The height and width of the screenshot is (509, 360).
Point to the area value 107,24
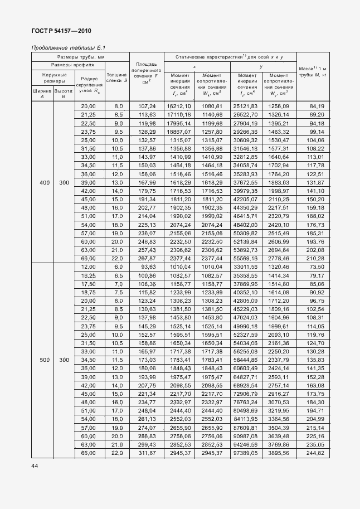click(147, 106)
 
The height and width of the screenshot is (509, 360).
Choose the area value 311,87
click(147, 453)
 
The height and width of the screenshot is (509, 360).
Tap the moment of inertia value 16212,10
click(179, 106)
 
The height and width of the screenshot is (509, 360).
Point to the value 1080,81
click(212, 106)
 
